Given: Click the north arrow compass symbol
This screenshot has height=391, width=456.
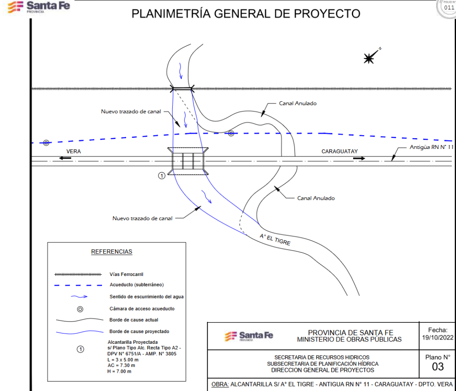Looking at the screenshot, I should tap(369, 58).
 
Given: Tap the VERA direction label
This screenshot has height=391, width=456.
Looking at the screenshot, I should tap(73, 152).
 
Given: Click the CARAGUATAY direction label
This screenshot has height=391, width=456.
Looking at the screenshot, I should tap(340, 152).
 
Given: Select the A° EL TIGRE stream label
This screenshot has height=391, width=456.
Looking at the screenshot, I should tap(275, 240).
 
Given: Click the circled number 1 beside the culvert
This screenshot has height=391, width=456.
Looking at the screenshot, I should tap(162, 176).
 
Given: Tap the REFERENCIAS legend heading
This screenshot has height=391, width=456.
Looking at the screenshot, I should tap(112, 252).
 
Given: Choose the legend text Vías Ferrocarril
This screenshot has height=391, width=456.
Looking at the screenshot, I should tap(126, 274).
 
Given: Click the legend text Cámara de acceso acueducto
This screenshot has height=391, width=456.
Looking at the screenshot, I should tap(142, 309).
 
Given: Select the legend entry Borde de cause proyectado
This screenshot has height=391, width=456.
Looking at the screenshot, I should tap(139, 331).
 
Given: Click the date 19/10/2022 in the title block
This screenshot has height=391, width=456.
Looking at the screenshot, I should tap(437, 337).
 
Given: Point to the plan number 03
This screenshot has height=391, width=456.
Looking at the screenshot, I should tap(438, 366).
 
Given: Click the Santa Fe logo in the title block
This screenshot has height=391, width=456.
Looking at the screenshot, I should tap(249, 335).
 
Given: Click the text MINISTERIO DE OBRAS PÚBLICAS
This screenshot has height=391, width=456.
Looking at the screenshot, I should tap(349, 339).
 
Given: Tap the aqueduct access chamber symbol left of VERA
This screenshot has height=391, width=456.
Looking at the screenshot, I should tap(46, 143).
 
